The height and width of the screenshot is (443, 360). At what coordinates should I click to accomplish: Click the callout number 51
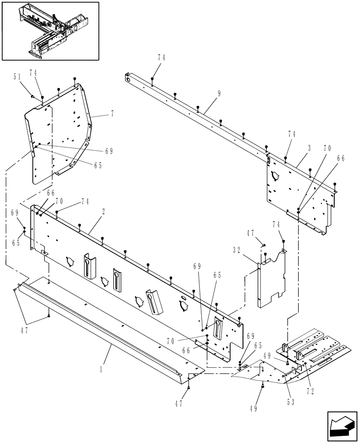pos(17,76)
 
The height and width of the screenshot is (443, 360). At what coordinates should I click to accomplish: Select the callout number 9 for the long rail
pos(219,93)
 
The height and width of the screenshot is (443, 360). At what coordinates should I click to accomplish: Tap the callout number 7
pos(112,114)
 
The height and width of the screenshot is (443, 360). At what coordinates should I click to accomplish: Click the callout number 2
pos(103,212)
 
